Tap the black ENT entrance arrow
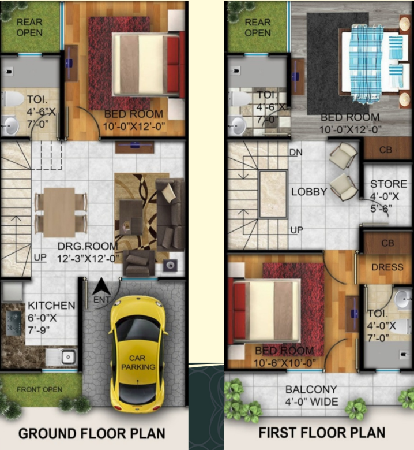click(101, 286)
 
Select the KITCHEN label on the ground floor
click(51, 306)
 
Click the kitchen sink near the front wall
click(68, 357)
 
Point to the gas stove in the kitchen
click(13, 323)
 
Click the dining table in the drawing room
click(59, 213)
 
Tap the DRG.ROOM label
click(88, 246)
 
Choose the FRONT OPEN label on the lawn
click(40, 389)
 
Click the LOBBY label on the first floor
click(309, 192)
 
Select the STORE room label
click(389, 184)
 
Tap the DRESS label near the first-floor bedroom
click(387, 267)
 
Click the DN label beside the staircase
click(296, 152)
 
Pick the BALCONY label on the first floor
click(311, 389)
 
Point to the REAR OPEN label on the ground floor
click(29, 27)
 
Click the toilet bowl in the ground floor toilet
click(13, 99)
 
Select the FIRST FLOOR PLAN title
click(322, 433)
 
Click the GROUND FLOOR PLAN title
click(92, 433)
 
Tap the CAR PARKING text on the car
click(138, 362)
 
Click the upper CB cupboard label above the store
click(385, 150)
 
